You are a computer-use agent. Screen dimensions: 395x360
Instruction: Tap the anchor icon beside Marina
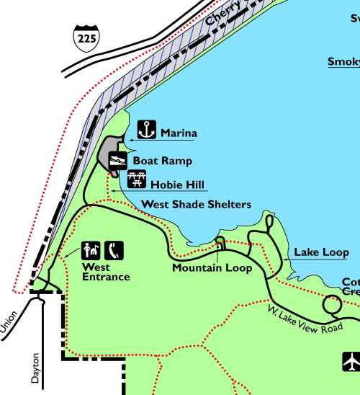pyautogui.click(x=146, y=130)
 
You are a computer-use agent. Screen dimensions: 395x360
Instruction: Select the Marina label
pyautogui.click(x=179, y=133)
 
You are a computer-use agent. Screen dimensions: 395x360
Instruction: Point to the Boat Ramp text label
pyautogui.click(x=163, y=161)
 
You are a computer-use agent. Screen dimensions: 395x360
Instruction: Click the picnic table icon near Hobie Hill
pyautogui.click(x=137, y=179)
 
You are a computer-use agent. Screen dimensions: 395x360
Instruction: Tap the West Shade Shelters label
pyautogui.click(x=196, y=205)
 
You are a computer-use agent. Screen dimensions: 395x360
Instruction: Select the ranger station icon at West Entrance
pyautogui.click(x=91, y=249)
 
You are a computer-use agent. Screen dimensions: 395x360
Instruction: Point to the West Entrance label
pyautogui.click(x=105, y=272)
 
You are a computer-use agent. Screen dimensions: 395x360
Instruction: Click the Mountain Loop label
pyautogui.click(x=212, y=268)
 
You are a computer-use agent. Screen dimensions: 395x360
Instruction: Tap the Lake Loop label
pyautogui.click(x=321, y=252)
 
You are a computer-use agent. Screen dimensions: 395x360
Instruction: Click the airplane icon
pyautogui.click(x=351, y=360)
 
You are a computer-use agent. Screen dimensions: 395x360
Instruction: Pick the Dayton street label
pyautogui.click(x=37, y=367)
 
